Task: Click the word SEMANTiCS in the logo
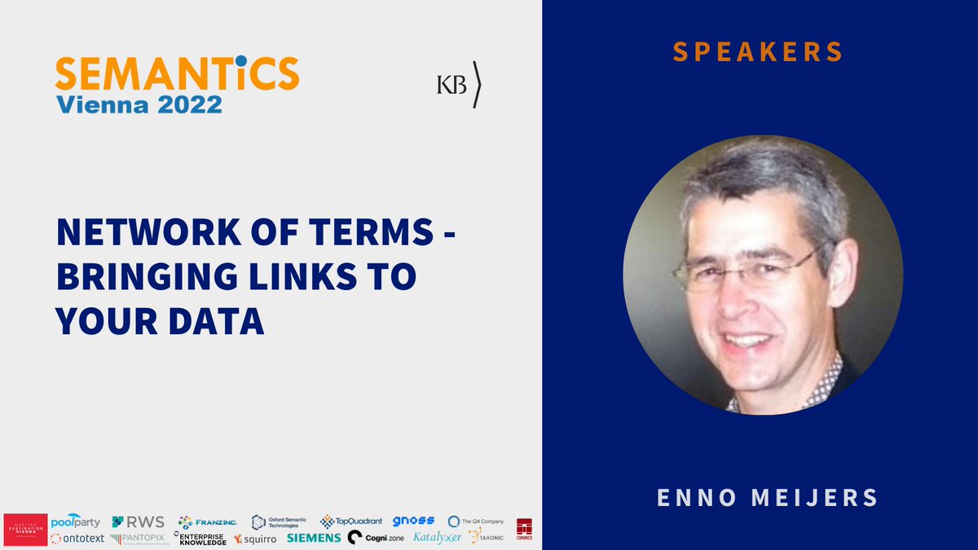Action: click(x=177, y=75)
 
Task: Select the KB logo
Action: click(x=458, y=85)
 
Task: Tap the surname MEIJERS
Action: click(x=821, y=497)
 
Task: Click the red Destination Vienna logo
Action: click(x=25, y=530)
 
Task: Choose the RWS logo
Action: click(x=138, y=521)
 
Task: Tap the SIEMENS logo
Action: click(x=314, y=538)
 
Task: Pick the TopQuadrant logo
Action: click(x=351, y=521)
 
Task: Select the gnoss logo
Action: click(x=413, y=521)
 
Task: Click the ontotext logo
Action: click(x=77, y=539)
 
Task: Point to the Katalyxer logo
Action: click(x=437, y=537)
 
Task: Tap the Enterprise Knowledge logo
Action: click(x=200, y=539)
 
